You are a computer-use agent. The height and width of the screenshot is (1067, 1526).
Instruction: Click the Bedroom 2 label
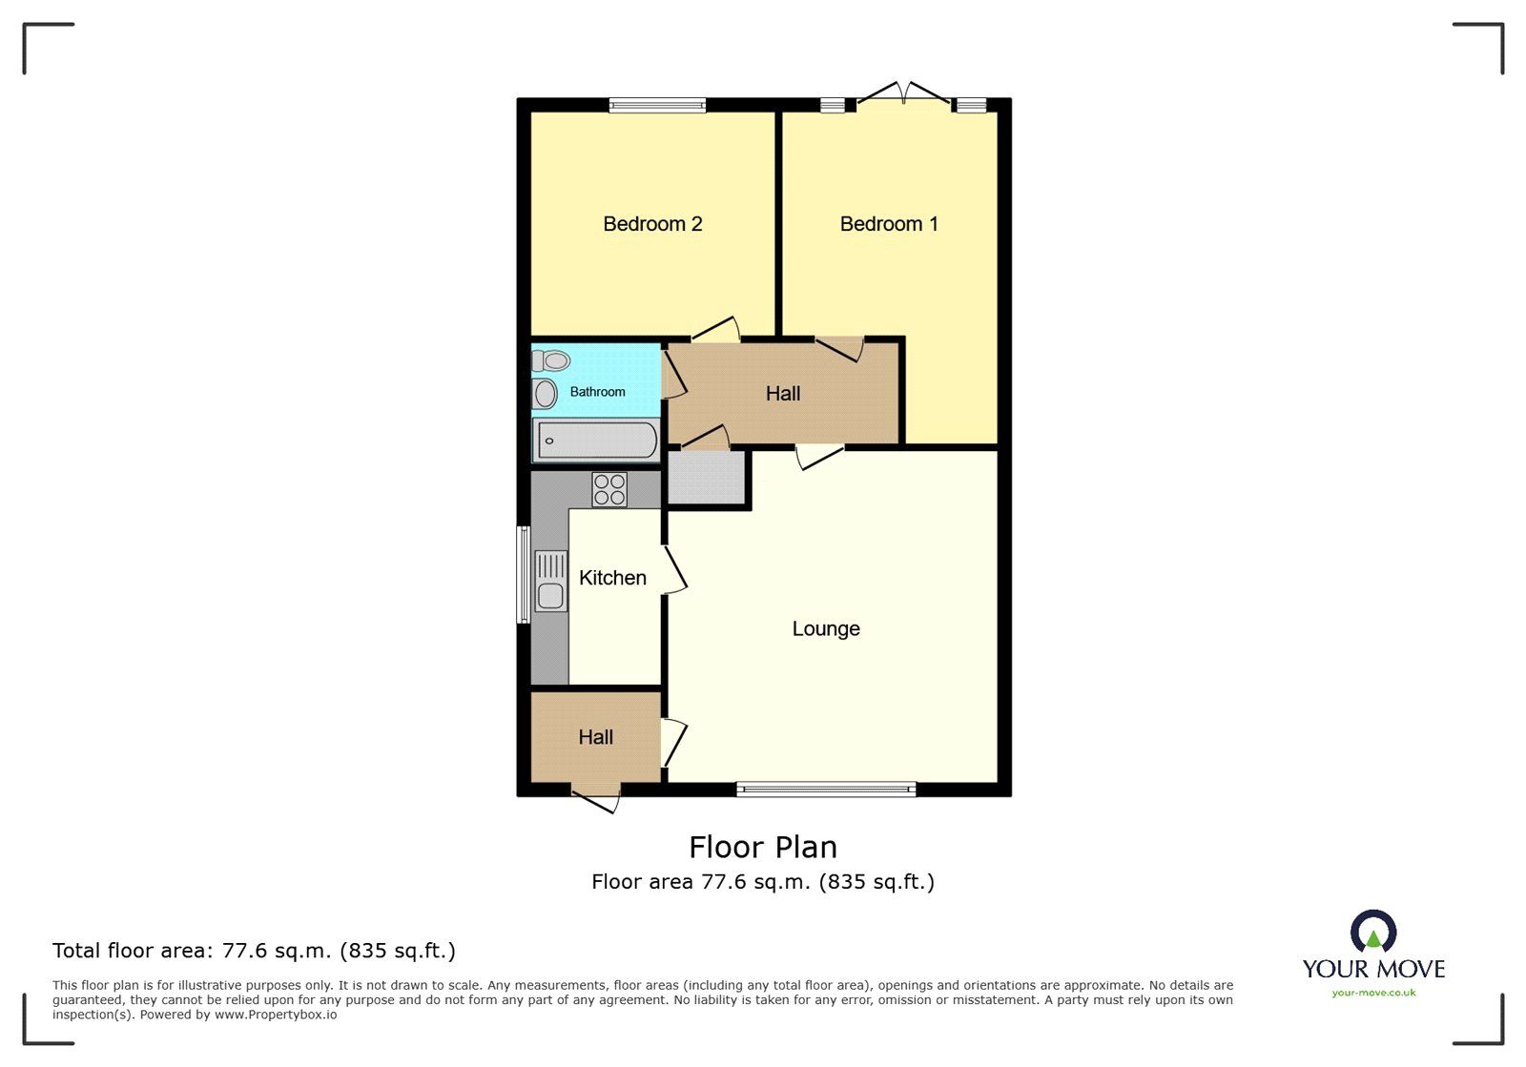(652, 224)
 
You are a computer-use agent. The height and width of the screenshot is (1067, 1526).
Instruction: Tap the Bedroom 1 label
(889, 224)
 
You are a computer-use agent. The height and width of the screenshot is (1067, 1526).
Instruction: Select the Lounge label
(826, 628)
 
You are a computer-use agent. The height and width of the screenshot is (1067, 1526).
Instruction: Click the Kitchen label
(612, 578)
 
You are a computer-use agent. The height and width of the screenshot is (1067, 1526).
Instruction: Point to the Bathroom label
(598, 392)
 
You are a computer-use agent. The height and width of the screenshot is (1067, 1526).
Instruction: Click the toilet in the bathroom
(551, 360)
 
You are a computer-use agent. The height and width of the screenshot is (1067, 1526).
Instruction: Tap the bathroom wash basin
(545, 393)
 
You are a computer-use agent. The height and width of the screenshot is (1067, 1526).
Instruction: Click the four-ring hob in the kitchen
(609, 489)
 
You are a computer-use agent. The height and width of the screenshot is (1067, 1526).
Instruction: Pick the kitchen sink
(550, 581)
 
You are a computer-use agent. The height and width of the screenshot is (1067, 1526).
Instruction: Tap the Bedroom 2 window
(657, 105)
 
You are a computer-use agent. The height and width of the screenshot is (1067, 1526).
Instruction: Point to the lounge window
(826, 789)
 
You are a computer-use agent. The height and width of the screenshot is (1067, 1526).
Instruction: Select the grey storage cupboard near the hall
(706, 477)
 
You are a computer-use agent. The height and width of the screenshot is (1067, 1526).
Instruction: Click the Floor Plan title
(763, 847)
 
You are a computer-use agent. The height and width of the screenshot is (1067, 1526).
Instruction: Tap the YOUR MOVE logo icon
(1373, 932)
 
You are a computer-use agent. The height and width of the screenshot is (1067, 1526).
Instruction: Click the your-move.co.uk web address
(1373, 993)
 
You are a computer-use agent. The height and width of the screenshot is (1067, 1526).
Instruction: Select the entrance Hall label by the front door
(595, 737)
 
